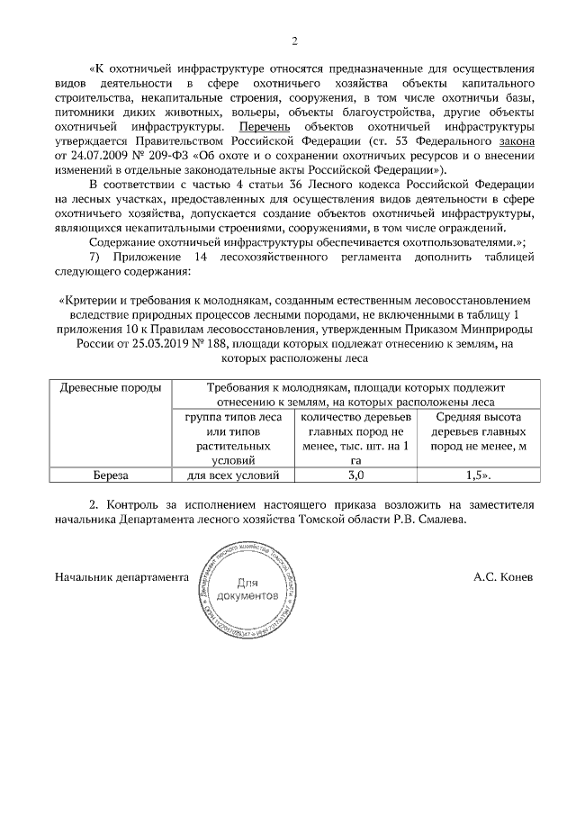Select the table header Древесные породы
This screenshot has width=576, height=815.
tap(110, 388)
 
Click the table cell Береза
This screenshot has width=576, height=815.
tap(110, 475)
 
